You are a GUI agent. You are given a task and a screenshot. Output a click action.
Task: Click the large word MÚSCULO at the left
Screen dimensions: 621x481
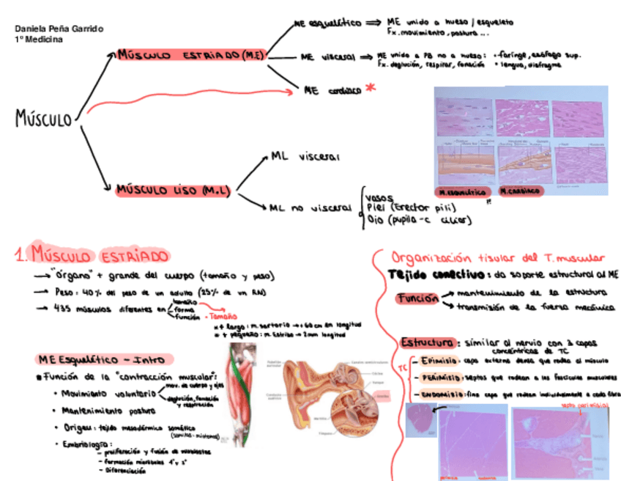43,118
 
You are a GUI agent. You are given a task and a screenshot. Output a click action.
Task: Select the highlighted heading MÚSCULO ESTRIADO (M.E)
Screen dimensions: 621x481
190,56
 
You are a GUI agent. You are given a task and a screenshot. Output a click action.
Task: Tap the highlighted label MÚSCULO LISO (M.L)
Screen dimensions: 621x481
174,191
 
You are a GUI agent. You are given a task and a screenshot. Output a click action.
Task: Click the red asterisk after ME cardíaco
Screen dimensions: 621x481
371,88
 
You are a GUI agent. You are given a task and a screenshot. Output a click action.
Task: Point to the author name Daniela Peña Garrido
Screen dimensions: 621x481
59,29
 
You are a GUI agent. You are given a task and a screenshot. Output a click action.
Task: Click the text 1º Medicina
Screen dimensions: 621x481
38,39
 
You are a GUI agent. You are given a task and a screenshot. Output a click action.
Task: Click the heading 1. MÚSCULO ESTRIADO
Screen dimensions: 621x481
93,256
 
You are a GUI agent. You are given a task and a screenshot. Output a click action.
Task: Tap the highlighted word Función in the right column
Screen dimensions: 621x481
418,298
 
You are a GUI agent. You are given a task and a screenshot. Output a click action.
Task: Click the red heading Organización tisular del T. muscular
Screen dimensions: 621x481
498,257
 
